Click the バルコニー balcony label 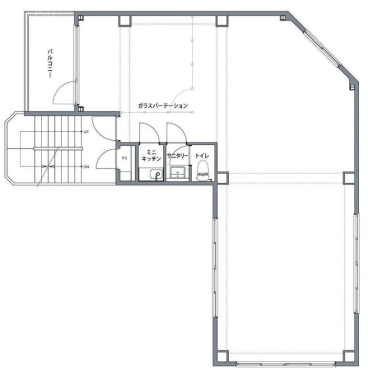pyautogui.click(x=50, y=63)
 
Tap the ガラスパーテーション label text pyautogui.click(x=163, y=105)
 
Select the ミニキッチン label pyautogui.click(x=151, y=155)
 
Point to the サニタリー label pyautogui.click(x=177, y=156)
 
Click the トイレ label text pyautogui.click(x=202, y=156)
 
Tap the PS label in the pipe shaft pyautogui.click(x=125, y=158)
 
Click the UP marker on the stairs pyautogui.click(x=86, y=132)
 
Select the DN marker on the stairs pyautogui.click(x=86, y=166)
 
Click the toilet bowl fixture pyautogui.click(x=203, y=171)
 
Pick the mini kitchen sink pyautogui.click(x=157, y=174)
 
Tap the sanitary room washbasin pyautogui.click(x=177, y=172)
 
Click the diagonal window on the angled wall pyautogui.click(x=322, y=49)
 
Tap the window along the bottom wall pyautogui.click(x=286, y=364)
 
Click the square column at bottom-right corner pyautogui.click(x=349, y=356)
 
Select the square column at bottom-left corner pyautogui.click(x=222, y=356)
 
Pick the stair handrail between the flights pyautogui.click(x=58, y=148)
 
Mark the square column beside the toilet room pyautogui.click(x=222, y=178)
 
